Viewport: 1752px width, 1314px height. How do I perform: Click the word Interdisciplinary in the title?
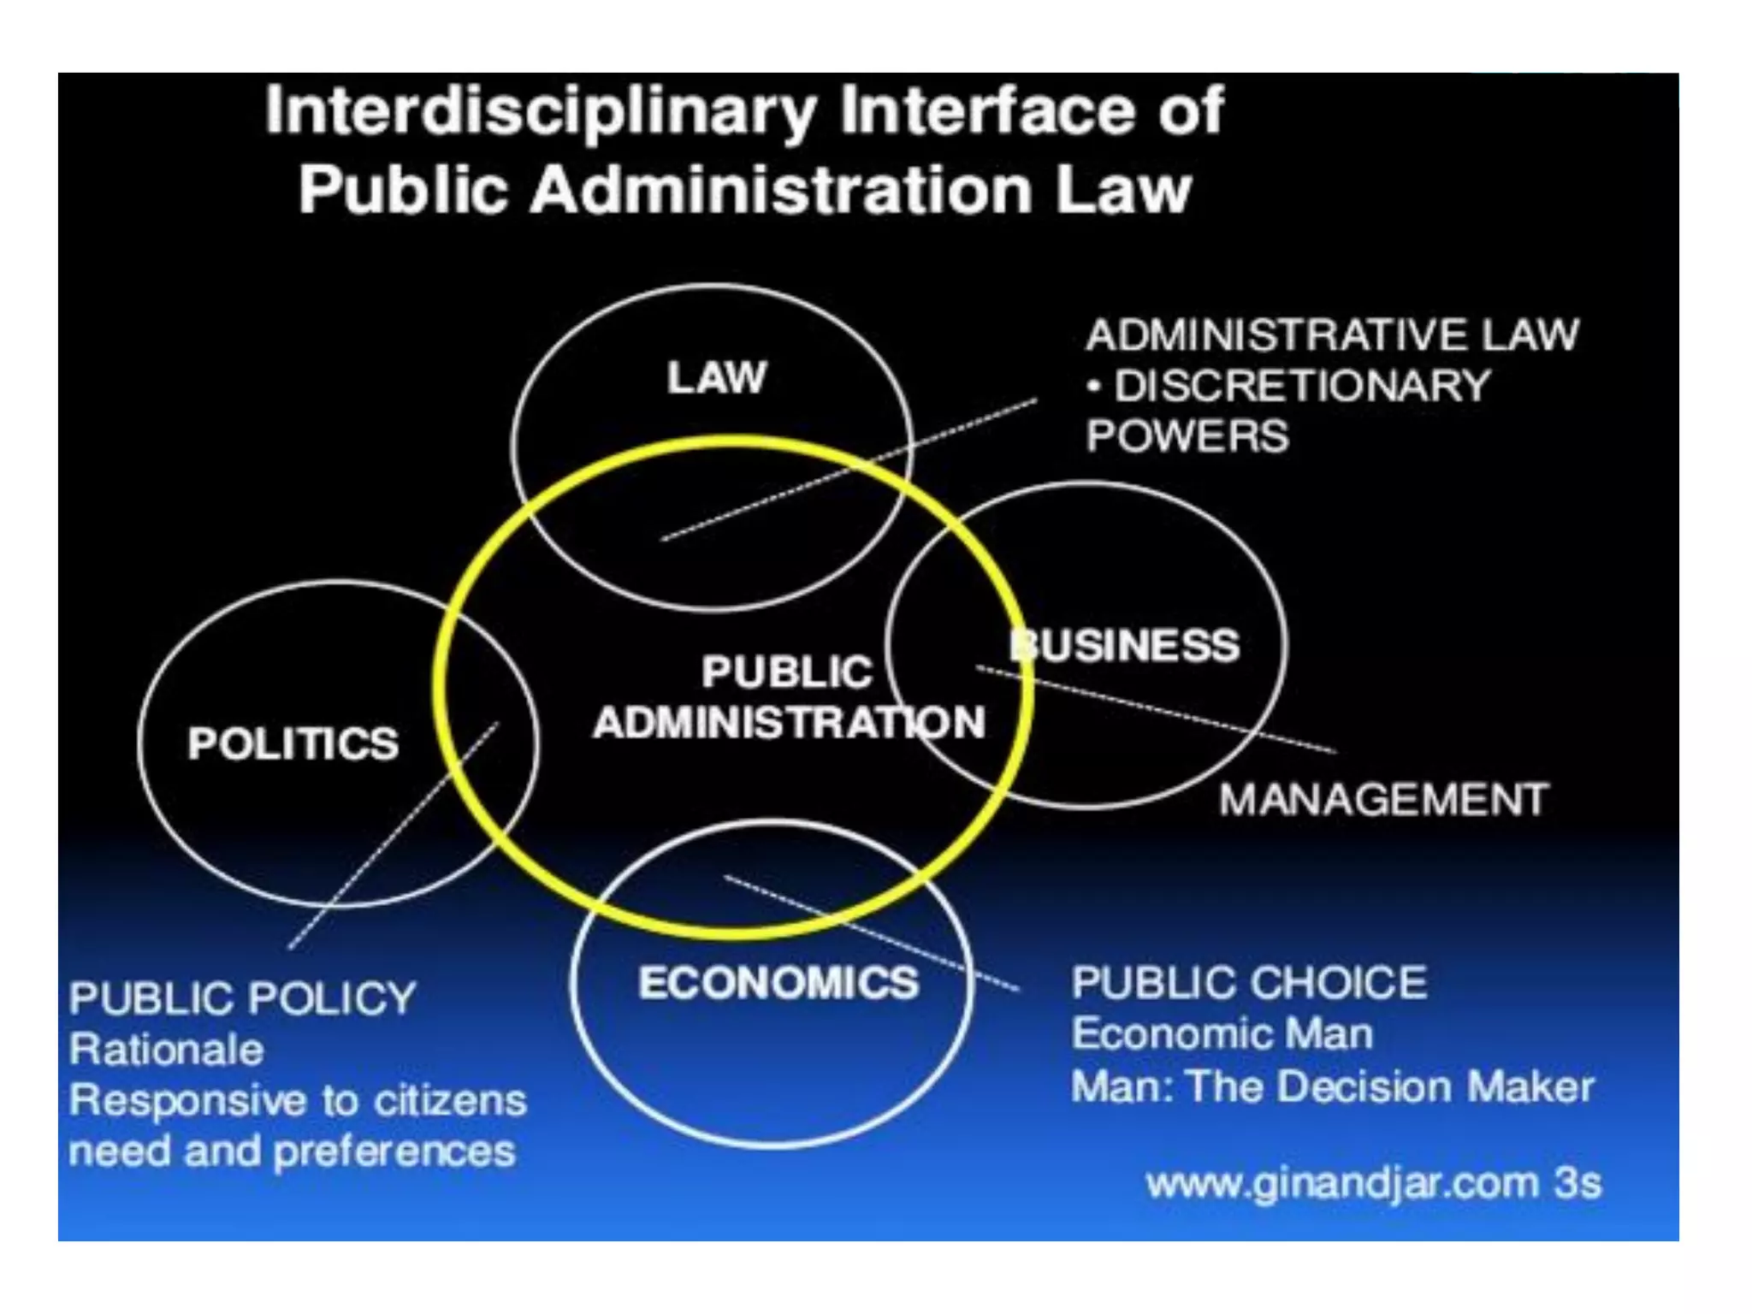point(541,113)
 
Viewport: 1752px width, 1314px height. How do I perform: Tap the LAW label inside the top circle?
point(717,377)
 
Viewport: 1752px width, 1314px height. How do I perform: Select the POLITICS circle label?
point(293,743)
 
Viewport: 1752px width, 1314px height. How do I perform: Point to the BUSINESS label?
point(1126,645)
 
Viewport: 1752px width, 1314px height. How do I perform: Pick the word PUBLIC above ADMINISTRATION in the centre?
point(787,672)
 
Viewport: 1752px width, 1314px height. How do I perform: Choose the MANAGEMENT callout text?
point(1383,800)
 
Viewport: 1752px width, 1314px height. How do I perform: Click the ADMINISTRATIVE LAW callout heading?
point(1332,334)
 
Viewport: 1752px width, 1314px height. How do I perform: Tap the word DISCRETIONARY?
point(1302,386)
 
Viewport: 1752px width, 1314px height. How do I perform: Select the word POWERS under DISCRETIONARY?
point(1187,436)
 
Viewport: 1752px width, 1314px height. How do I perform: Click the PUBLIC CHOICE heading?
point(1249,982)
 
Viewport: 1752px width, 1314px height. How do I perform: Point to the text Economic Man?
point(1222,1033)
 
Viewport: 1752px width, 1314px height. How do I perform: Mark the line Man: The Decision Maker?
point(1332,1086)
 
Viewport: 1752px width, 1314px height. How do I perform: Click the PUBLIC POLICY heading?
point(243,998)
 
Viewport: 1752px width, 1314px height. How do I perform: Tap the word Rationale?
point(167,1050)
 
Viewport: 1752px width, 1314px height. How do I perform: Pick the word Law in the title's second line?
point(1123,190)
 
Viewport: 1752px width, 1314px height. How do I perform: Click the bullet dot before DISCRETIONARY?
point(1093,387)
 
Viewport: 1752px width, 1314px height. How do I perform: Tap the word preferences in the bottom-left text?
point(395,1151)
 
